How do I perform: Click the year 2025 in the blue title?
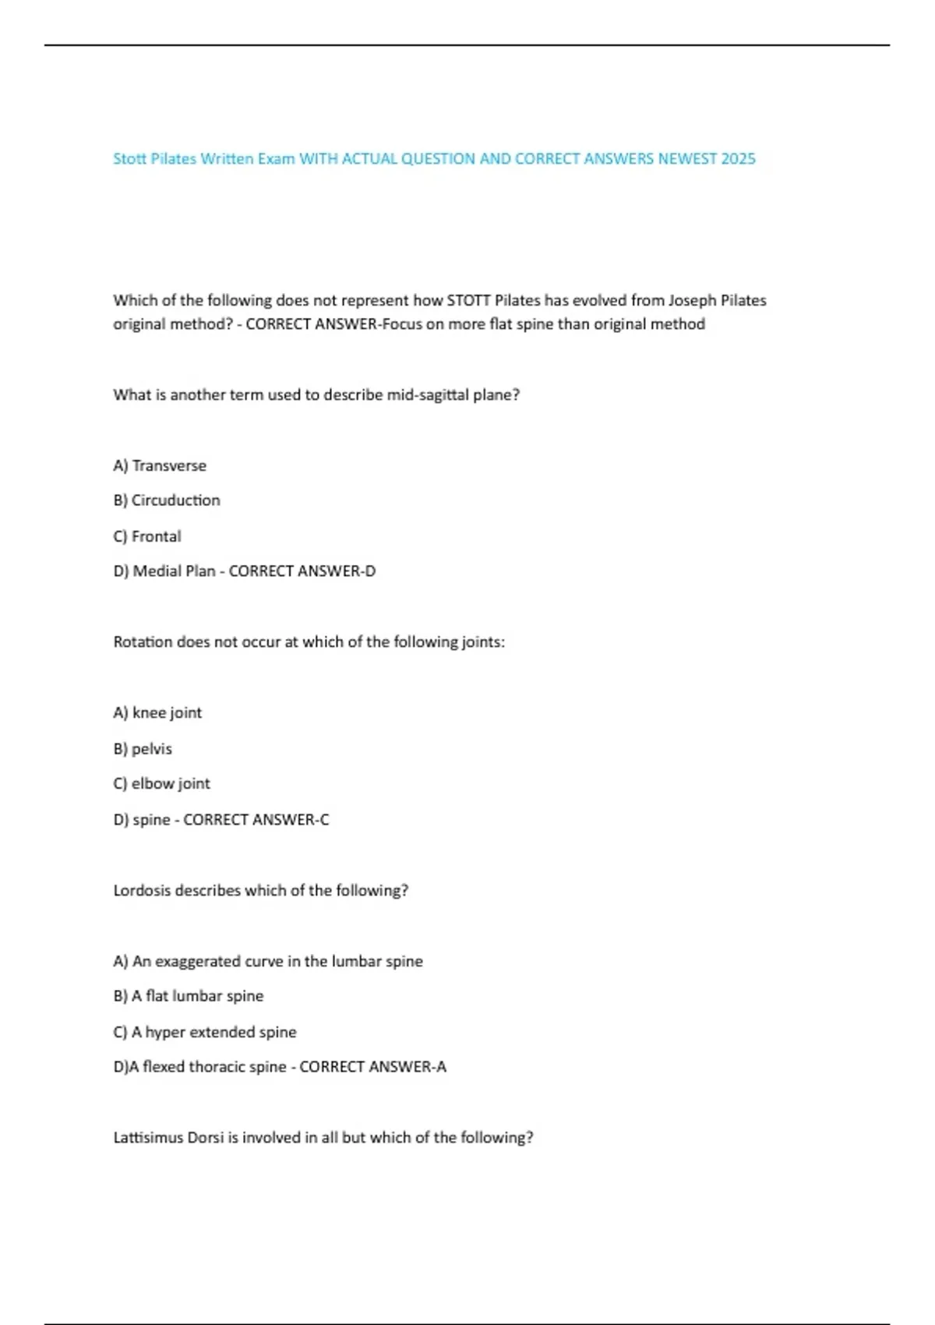click(738, 159)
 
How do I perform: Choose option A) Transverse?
click(160, 466)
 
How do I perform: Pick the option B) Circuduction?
click(167, 500)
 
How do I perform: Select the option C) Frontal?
click(147, 536)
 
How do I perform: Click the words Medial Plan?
click(174, 571)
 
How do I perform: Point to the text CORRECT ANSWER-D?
click(302, 571)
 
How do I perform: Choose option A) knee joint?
click(157, 713)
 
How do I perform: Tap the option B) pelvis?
click(143, 749)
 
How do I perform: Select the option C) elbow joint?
click(161, 784)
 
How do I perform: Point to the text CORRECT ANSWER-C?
click(256, 820)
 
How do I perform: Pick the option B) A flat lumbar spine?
click(189, 996)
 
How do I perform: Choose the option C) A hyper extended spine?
click(205, 1032)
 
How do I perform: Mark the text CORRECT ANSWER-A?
click(373, 1067)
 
